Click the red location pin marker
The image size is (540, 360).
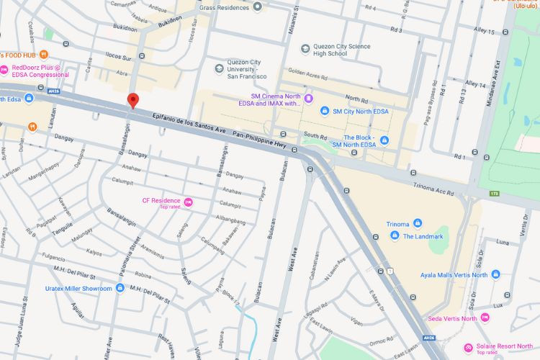[x=132, y=101]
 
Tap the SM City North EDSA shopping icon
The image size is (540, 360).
[x=325, y=112]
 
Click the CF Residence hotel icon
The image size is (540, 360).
[x=188, y=202]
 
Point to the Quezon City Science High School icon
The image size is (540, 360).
[x=306, y=49]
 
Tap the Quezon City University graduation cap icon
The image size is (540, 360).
[x=219, y=68]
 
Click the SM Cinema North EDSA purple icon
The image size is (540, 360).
[x=308, y=99]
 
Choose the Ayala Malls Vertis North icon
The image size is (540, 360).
[x=495, y=274]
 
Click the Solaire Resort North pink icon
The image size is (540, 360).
[x=469, y=347]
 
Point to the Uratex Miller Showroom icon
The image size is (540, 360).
[x=120, y=288]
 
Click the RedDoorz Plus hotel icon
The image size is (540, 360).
[x=4, y=70]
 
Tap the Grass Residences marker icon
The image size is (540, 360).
[x=257, y=6]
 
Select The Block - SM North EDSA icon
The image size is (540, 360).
[x=384, y=140]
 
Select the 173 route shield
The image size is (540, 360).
[x=494, y=193]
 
